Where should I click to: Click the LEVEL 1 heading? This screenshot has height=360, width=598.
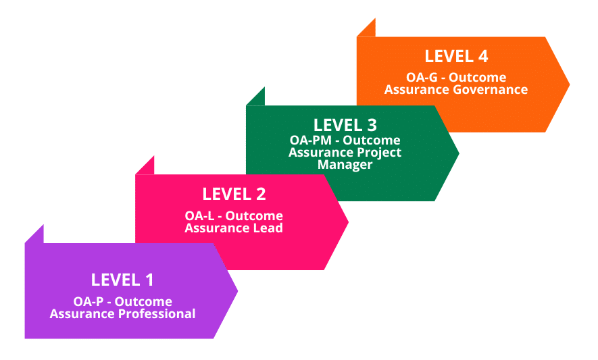coord(122,280)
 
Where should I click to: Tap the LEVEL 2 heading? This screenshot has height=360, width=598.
coord(234,195)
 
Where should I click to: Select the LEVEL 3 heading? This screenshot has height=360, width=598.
coord(345,126)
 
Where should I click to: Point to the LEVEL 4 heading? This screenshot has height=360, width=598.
coord(456,57)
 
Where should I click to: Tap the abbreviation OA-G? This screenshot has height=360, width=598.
coord(422,78)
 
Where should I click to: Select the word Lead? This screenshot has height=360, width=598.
coord(268,228)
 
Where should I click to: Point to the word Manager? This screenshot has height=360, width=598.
coord(345,165)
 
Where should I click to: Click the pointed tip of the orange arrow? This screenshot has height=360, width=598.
coord(568,84)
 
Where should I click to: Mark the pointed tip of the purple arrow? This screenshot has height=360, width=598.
coord(236,291)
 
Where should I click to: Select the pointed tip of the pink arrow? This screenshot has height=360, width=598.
coord(347,222)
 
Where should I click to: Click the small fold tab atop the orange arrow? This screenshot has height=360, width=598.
coord(368,28)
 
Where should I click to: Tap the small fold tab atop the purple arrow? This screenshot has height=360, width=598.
coord(36,234)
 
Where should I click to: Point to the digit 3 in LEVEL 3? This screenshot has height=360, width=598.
coord(371,126)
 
